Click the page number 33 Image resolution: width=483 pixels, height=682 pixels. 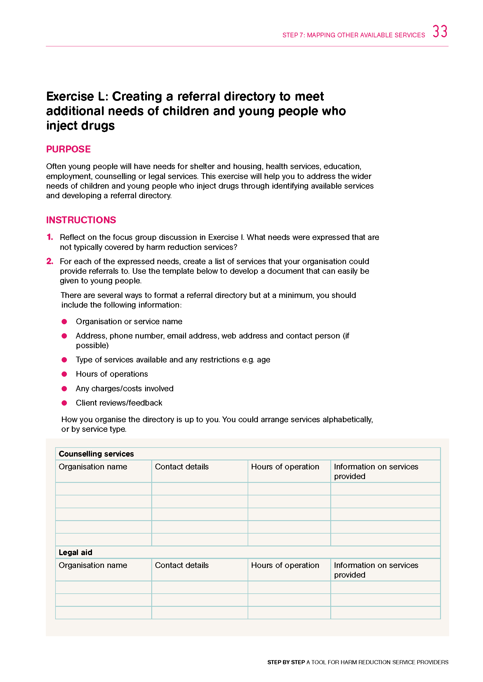pyautogui.click(x=439, y=31)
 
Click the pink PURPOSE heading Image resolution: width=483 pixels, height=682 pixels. pyautogui.click(x=68, y=149)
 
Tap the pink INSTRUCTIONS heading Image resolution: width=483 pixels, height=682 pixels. pyautogui.click(x=81, y=220)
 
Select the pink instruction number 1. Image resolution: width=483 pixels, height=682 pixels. pyautogui.click(x=50, y=237)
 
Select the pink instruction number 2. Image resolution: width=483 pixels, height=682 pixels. pyautogui.click(x=50, y=261)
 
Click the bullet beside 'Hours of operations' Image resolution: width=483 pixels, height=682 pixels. pyautogui.click(x=64, y=374)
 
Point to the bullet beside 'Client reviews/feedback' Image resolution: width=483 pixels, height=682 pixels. pyautogui.click(x=64, y=403)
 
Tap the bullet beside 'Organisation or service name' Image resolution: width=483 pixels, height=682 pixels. pyautogui.click(x=64, y=321)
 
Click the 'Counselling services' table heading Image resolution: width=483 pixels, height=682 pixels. pyautogui.click(x=96, y=454)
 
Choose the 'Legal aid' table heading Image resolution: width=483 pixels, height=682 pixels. pyautogui.click(x=75, y=552)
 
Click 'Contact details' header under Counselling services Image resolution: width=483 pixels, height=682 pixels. pyautogui.click(x=182, y=467)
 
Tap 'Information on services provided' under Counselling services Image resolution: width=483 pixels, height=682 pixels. pyautogui.click(x=376, y=471)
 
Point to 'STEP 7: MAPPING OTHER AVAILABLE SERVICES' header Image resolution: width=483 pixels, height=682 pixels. pyautogui.click(x=353, y=35)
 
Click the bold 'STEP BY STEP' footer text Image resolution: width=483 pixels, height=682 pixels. pyautogui.click(x=286, y=662)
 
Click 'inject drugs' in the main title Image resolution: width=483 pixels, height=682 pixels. pyautogui.click(x=80, y=126)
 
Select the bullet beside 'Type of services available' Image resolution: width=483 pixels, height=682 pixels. pyautogui.click(x=64, y=360)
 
